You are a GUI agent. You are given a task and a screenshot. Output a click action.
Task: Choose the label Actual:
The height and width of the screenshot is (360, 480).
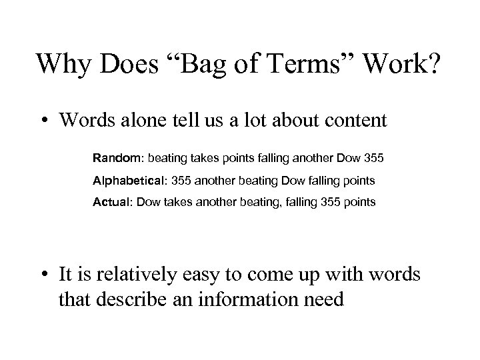[x=113, y=201]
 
